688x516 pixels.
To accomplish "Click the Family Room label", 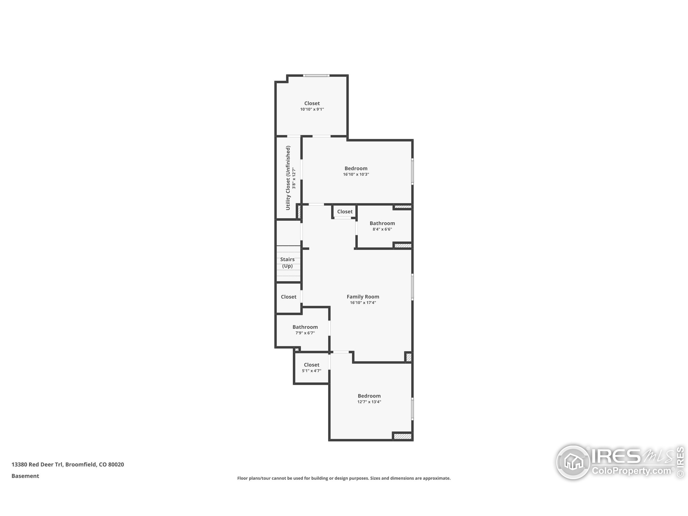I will tap(363, 297).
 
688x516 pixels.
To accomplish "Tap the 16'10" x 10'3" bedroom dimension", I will tap(356, 174).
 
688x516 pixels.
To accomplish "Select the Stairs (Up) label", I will tap(287, 263).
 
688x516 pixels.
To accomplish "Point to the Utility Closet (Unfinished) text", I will tap(288, 178).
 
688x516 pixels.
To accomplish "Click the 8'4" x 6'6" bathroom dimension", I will tap(382, 229).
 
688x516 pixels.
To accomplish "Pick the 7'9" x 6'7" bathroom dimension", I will tap(305, 333).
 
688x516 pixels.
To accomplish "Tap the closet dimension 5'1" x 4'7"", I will tap(311, 371).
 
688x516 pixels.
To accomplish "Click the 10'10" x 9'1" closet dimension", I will tap(312, 109).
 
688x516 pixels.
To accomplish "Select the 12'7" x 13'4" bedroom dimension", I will tap(369, 402).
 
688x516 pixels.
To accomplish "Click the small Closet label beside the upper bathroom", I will tap(345, 212).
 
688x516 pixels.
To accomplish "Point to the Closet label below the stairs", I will tap(288, 297).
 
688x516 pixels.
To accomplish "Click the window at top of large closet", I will tap(316, 75).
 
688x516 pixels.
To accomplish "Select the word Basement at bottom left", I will tap(25, 476).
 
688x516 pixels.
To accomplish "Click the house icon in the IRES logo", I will tap(573, 462).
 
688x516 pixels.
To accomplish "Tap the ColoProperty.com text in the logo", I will tap(631, 471).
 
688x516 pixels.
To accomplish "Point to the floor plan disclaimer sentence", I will tap(344, 478).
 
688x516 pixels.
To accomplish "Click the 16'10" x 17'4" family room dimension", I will tap(363, 303).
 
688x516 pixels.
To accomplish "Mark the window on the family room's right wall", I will tap(413, 287).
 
